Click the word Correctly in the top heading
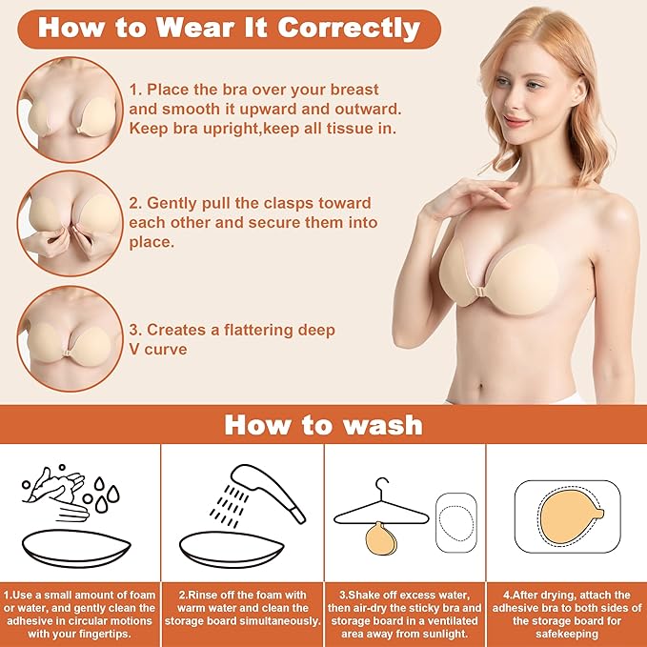pyautogui.click(x=349, y=28)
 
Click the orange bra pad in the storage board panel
pyautogui.click(x=571, y=516)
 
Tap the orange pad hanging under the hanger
pyautogui.click(x=381, y=538)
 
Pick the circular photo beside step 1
pyautogui.click(x=71, y=110)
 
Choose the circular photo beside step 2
pyautogui.click(x=71, y=223)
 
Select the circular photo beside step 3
pyautogui.click(x=71, y=339)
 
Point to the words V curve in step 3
pyautogui.click(x=158, y=350)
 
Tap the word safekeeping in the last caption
pyautogui.click(x=567, y=634)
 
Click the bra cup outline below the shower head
pyautogui.click(x=232, y=549)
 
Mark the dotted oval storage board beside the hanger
pyautogui.click(x=456, y=523)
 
